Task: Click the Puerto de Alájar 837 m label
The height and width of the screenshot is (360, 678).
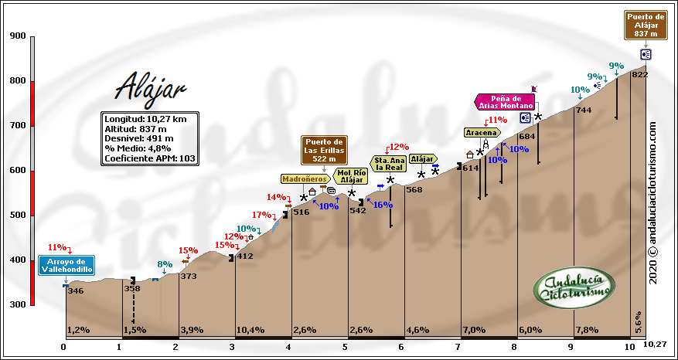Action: [x=646, y=25]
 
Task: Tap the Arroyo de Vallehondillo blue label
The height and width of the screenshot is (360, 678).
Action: [x=66, y=265]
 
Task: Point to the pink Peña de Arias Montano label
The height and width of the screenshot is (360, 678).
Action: [x=504, y=102]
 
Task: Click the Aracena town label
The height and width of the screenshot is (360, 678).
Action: [x=480, y=132]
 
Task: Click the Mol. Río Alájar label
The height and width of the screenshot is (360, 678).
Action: [x=352, y=176]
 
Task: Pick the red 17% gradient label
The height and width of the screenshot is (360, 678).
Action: [x=262, y=215]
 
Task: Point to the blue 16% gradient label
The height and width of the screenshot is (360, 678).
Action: [x=382, y=205]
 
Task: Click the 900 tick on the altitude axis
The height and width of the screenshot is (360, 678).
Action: [x=17, y=36]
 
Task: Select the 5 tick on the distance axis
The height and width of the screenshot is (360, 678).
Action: [x=345, y=346]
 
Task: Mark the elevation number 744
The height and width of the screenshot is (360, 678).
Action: [x=584, y=110]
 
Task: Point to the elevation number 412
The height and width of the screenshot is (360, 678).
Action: [x=244, y=256]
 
